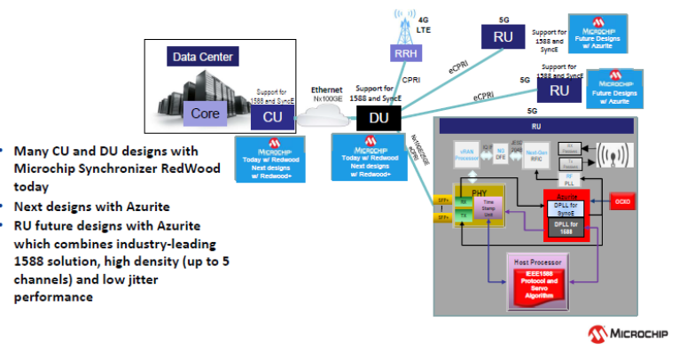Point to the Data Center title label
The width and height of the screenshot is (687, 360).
203,58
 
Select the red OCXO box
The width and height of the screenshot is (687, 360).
624,203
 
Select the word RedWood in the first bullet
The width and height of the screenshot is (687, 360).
191,169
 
